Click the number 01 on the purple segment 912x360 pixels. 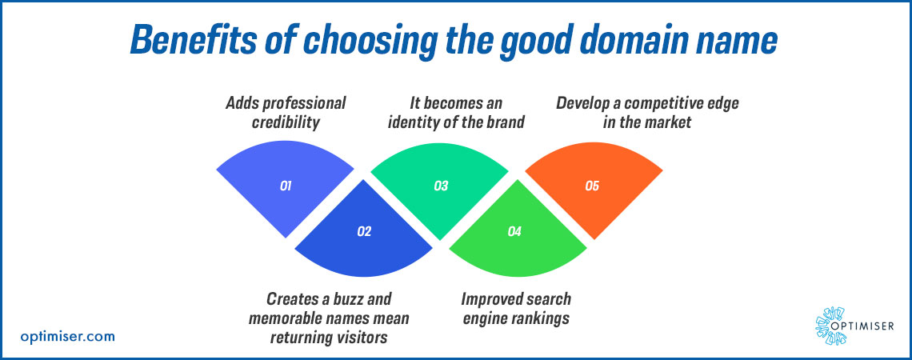[x=285, y=186]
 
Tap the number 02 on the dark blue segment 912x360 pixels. [x=363, y=231]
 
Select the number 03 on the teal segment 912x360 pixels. [x=440, y=186]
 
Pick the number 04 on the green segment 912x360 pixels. [x=514, y=231]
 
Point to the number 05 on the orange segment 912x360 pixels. [x=591, y=186]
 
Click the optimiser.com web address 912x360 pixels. [x=67, y=336]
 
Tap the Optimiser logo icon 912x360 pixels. [x=830, y=326]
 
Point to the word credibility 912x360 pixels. [x=286, y=123]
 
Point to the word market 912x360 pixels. [x=670, y=123]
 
